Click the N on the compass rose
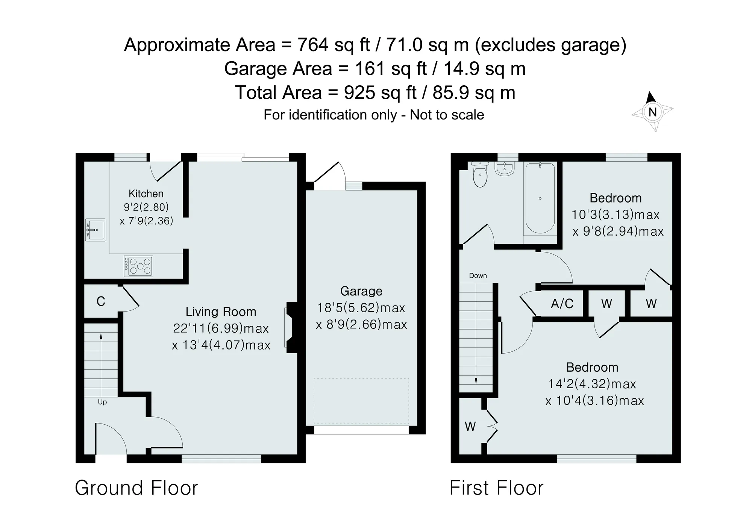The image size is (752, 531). point(652,112)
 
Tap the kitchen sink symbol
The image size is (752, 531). point(96,230)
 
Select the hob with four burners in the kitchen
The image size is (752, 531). point(138,266)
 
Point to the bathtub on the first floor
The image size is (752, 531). point(540,198)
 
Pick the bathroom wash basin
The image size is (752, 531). point(504,169)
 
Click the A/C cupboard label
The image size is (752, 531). point(562,303)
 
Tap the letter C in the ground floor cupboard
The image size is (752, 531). point(101,301)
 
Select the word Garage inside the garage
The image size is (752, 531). point(361,291)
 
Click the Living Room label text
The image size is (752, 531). point(221,312)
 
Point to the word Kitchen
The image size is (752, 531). point(146,194)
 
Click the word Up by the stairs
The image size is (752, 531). point(102,402)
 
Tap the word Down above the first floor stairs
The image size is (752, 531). point(478,276)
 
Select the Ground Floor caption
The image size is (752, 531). point(136,488)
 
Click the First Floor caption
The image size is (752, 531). point(496,488)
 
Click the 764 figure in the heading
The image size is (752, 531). point(313,45)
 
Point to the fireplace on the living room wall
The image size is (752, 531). point(291,327)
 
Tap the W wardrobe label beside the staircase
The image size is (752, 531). point(470,427)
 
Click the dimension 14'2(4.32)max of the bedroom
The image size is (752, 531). point(592,384)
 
